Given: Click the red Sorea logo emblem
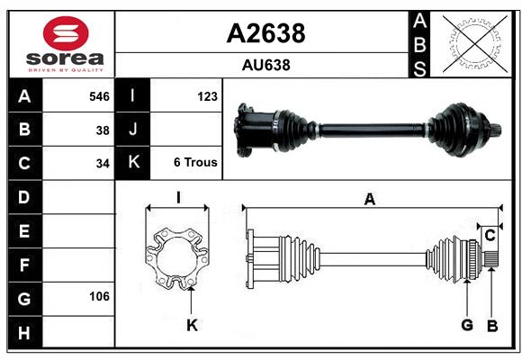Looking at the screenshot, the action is (66, 33).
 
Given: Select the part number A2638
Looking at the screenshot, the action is (265, 33).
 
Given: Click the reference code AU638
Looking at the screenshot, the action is (265, 65).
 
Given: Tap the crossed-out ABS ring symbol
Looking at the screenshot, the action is (475, 43).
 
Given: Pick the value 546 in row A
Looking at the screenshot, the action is (99, 96).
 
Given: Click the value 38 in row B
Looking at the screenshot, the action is (103, 130).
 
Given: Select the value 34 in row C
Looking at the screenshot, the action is (103, 164).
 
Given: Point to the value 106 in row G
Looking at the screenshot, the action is (99, 296).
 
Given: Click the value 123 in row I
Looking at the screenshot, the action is (207, 96).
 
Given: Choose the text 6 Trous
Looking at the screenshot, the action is (195, 162).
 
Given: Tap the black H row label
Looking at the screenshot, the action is (25, 332).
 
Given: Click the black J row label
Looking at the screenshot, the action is (132, 129).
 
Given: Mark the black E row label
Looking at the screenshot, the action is (25, 230).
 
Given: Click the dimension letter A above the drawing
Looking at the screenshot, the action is (370, 199).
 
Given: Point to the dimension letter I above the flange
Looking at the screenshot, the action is (178, 197).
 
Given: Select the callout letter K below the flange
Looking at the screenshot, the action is (192, 326).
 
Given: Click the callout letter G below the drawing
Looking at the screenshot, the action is (467, 325).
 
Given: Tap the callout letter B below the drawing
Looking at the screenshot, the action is (492, 326).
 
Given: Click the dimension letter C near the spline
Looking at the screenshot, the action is (490, 236).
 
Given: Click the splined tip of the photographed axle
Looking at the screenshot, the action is (496, 130).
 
